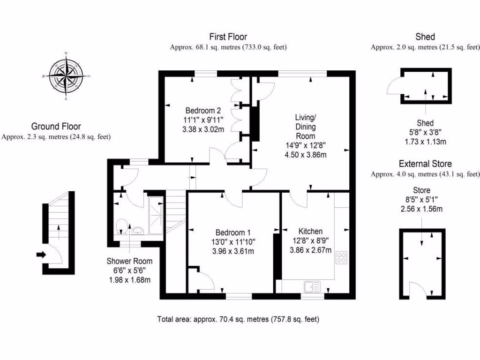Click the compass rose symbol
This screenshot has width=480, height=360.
[67, 75]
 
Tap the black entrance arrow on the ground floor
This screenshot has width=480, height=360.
[41, 255]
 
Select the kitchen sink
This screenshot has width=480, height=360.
[311, 285]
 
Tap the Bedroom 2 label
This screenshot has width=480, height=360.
[203, 111]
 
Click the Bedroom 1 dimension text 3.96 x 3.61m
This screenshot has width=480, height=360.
[233, 251]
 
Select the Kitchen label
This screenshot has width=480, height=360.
[310, 231]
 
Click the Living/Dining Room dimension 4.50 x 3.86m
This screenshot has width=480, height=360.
[305, 155]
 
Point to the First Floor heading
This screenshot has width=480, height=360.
[228, 37]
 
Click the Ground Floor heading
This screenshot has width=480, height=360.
[56, 126]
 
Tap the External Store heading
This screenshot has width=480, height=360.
[425, 164]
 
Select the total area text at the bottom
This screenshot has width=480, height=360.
[238, 320]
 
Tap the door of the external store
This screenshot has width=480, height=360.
[419, 289]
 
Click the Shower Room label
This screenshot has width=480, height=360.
[129, 261]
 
